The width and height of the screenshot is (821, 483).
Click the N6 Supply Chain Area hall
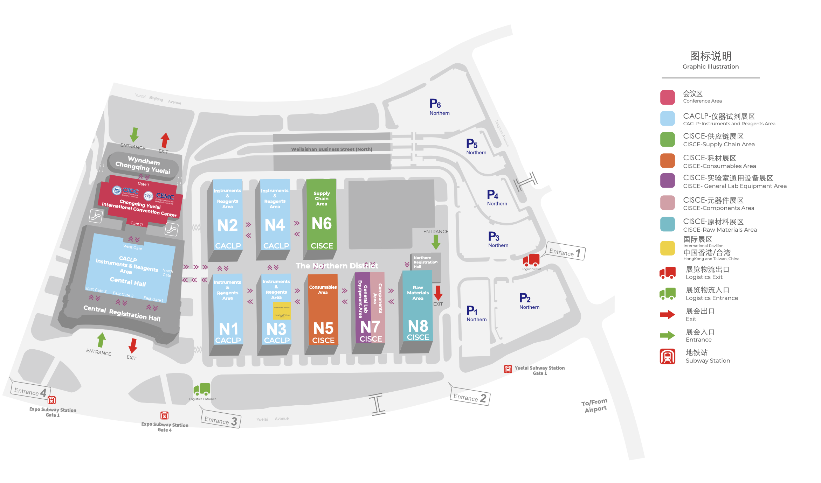321,217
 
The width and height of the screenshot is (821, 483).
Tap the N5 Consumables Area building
323,311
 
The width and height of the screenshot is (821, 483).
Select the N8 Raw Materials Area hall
418,308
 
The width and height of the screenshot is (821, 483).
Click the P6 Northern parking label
439,107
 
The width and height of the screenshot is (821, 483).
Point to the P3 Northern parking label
497,240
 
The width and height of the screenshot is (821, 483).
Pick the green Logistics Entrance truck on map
202,389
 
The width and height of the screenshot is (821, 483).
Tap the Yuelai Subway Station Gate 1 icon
508,369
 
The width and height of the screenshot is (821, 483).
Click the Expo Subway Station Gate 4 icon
164,415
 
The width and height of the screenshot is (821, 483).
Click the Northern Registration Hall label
425,262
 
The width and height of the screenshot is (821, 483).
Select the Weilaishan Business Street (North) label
331,149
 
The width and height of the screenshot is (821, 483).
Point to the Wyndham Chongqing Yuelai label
143,165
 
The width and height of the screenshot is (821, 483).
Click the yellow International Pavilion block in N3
282,311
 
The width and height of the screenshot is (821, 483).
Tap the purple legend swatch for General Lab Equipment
667,181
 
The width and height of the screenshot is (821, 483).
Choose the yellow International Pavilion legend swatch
667,248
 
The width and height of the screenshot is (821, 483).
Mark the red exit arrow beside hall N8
438,293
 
